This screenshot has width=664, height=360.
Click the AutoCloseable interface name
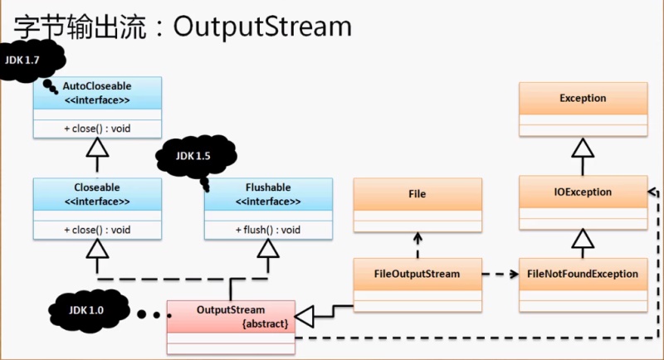[97, 85]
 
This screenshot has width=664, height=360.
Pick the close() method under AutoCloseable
[97, 128]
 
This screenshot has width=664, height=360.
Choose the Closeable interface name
[97, 188]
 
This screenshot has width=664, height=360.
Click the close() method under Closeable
[97, 230]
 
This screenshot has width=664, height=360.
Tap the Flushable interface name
[267, 188]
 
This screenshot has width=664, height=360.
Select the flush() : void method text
[267, 230]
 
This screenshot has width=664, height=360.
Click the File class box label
[417, 193]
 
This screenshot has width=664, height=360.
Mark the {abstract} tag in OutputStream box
[265, 324]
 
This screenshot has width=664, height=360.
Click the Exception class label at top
[583, 98]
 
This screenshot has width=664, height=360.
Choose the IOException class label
[583, 192]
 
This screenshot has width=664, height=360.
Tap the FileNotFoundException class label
[583, 272]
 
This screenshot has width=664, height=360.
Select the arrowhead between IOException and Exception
[583, 148]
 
